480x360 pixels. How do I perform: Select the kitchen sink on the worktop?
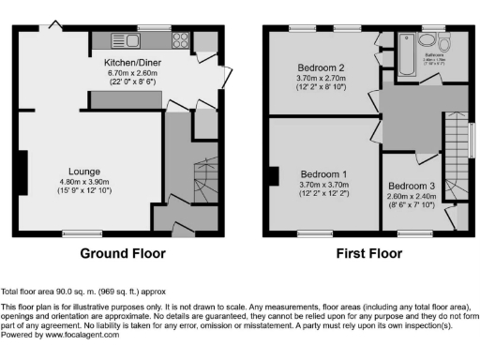coord(126,40)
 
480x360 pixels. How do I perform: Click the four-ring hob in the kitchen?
coord(178,40)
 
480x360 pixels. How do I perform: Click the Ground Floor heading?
coord(123,254)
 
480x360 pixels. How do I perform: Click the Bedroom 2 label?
coord(322,68)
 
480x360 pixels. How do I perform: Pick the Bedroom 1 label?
coord(323,174)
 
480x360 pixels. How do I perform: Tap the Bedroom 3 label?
coord(412,186)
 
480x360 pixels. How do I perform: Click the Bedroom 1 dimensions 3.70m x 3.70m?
coord(323,186)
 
